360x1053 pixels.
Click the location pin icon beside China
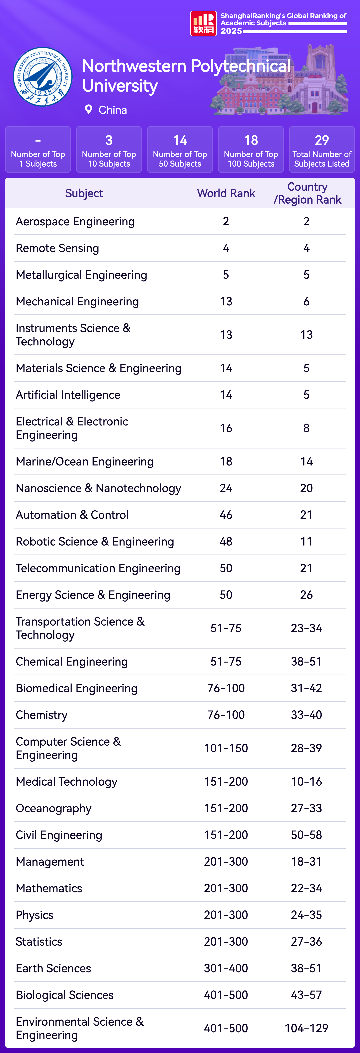(88, 110)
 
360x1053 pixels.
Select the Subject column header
(84, 193)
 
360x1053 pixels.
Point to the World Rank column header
(226, 193)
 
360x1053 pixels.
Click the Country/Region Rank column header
(307, 193)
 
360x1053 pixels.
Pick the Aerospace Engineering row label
(75, 222)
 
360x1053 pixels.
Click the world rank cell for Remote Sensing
(226, 248)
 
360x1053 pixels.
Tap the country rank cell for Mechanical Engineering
(306, 302)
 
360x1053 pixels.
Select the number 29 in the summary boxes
(322, 140)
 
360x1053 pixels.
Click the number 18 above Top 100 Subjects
(251, 140)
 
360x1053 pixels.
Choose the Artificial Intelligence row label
(68, 395)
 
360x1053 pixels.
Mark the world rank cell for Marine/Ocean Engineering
(226, 461)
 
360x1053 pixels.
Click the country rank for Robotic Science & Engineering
(306, 542)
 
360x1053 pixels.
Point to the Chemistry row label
(42, 715)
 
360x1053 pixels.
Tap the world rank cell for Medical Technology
(226, 782)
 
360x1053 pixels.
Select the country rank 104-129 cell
(306, 1028)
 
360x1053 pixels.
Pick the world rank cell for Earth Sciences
(226, 968)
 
